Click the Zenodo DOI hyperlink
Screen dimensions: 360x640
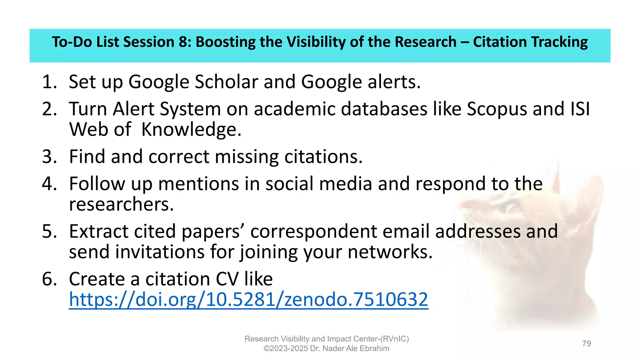[x=248, y=299]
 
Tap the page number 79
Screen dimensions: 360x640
[x=587, y=343]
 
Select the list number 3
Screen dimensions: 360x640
[x=49, y=157]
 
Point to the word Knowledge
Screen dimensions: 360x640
[x=191, y=130]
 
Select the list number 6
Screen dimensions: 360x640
[x=49, y=279]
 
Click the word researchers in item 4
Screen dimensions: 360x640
[x=121, y=204]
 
